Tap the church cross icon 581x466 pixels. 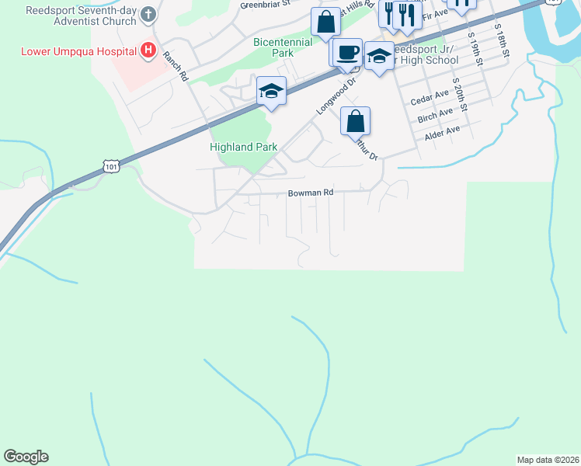click(149, 15)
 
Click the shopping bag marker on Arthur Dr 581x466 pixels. click(355, 121)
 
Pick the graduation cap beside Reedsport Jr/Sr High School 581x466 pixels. click(379, 56)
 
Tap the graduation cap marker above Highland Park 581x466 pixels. click(272, 91)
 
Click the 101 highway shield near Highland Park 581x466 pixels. click(110, 166)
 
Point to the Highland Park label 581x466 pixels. click(243, 147)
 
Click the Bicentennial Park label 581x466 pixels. click(283, 48)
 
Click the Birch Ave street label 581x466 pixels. click(435, 114)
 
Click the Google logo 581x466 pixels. click(26, 457)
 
